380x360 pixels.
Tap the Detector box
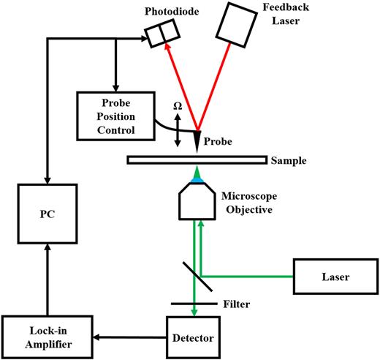pos(193,338)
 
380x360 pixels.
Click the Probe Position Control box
pos(115,115)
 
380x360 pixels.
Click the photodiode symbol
pos(161,34)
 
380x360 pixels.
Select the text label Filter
pos(236,303)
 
